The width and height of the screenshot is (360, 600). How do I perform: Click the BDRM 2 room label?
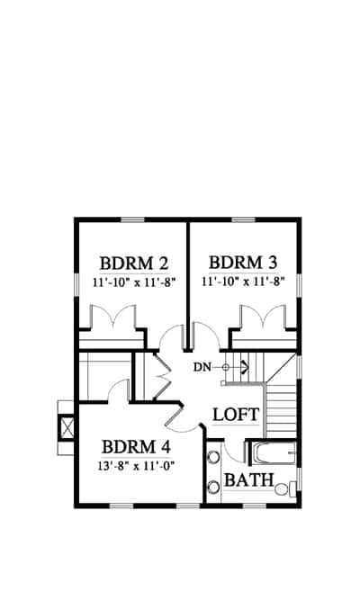pyautogui.click(x=134, y=264)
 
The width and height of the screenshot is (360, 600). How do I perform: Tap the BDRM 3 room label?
pyautogui.click(x=243, y=263)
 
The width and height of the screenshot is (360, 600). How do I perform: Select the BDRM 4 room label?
pyautogui.click(x=136, y=447)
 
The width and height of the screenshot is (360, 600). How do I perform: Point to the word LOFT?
pyautogui.click(x=236, y=415)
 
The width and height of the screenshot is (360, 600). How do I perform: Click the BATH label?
pyautogui.click(x=249, y=479)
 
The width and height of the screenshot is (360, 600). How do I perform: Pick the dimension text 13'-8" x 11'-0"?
pyautogui.click(x=136, y=466)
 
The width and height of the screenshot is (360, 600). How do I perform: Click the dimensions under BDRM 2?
pyautogui.click(x=134, y=282)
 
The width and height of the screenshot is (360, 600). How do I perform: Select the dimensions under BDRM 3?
pyautogui.click(x=243, y=282)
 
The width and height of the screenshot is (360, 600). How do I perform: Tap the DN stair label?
pyautogui.click(x=202, y=367)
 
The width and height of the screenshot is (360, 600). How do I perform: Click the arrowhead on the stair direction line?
pyautogui.click(x=245, y=367)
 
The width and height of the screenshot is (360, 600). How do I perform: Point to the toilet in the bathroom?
pyautogui.click(x=285, y=488)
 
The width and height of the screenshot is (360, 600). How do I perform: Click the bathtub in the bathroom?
pyautogui.click(x=274, y=454)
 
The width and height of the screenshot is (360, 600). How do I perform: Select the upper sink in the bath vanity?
pyautogui.click(x=213, y=457)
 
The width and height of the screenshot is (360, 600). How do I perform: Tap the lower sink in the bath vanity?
pyautogui.click(x=213, y=488)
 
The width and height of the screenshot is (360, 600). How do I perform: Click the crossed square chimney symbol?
pyautogui.click(x=67, y=427)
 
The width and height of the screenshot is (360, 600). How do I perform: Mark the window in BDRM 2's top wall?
pyautogui.click(x=133, y=219)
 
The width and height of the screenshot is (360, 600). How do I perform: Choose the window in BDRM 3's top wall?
pyautogui.click(x=244, y=219)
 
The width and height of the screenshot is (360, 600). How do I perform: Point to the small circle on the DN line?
pyautogui.click(x=226, y=367)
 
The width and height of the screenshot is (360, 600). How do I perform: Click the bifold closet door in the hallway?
pyautogui.click(x=162, y=376)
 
